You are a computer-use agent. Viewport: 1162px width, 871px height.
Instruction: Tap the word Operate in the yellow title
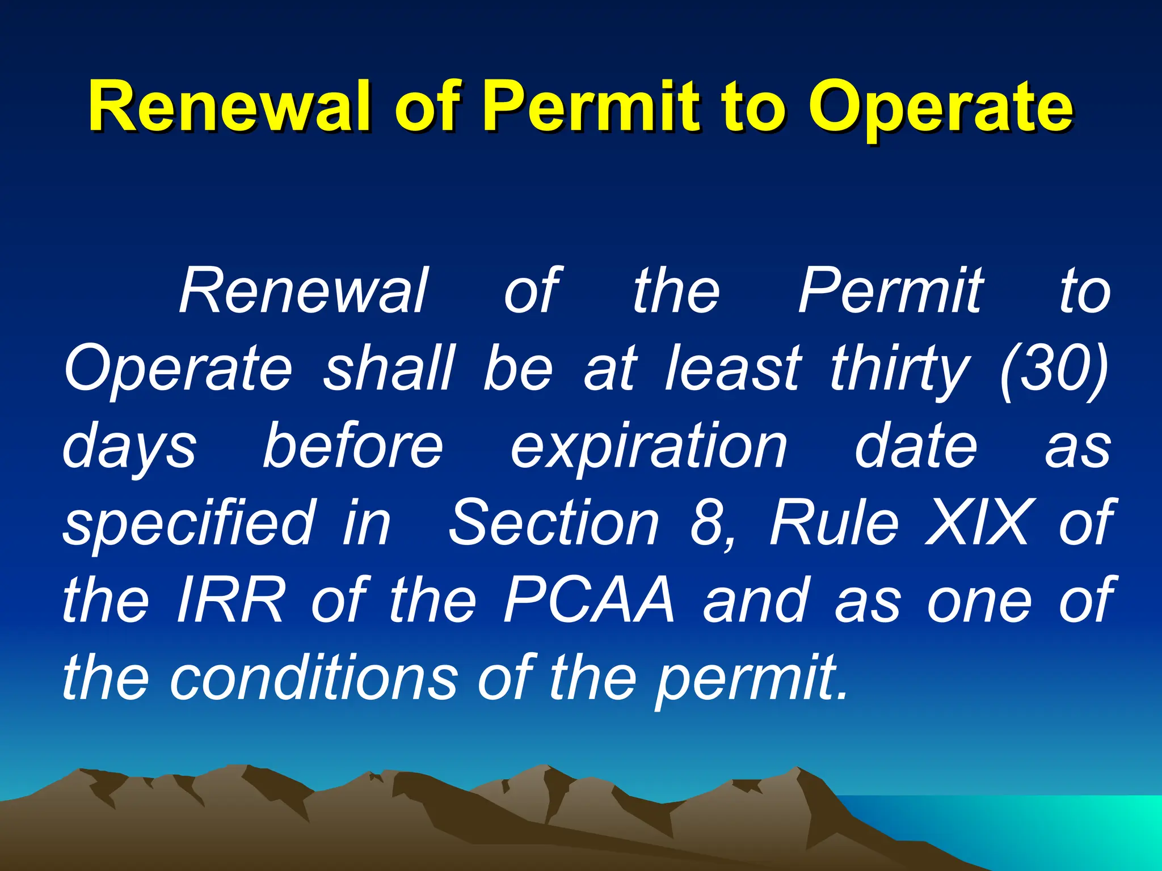pos(940,108)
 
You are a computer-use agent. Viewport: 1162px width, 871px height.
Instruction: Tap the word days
pos(130,448)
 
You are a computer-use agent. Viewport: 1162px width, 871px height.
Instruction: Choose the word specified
pos(188,525)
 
